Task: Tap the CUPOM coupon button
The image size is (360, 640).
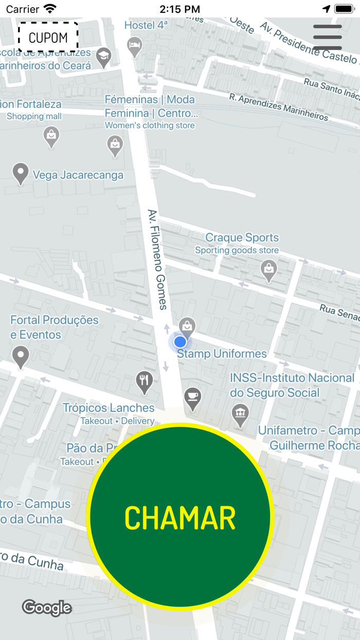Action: pyautogui.click(x=48, y=38)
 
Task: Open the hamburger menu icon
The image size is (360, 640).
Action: pyautogui.click(x=328, y=37)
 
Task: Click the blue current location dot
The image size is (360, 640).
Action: pyautogui.click(x=180, y=342)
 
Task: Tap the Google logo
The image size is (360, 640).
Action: pyautogui.click(x=47, y=608)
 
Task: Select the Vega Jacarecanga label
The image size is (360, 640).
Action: pyautogui.click(x=78, y=175)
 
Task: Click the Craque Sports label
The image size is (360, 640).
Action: pyautogui.click(x=242, y=238)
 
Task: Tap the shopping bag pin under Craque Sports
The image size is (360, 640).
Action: pyautogui.click(x=268, y=269)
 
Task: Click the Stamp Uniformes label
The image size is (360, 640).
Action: pyautogui.click(x=222, y=354)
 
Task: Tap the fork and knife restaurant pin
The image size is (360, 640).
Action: pyautogui.click(x=145, y=381)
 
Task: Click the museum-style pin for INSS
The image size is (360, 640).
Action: pyautogui.click(x=240, y=413)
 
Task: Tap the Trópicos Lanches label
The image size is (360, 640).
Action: pyautogui.click(x=109, y=408)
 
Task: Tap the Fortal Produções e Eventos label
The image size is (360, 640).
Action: pyautogui.click(x=54, y=327)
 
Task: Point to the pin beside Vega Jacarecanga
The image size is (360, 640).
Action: pyautogui.click(x=21, y=172)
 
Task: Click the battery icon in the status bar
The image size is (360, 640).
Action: pyautogui.click(x=344, y=9)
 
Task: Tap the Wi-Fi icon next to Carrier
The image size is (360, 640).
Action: pyautogui.click(x=50, y=9)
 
